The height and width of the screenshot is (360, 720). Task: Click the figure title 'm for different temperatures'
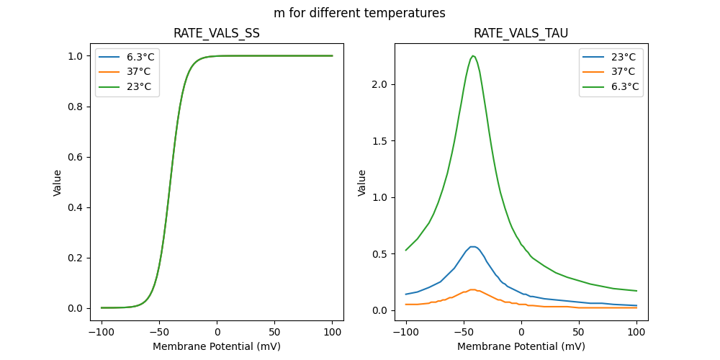(x=359, y=13)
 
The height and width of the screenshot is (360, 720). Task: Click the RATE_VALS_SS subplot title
(x=217, y=34)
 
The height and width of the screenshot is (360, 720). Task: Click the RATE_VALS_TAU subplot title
(x=521, y=34)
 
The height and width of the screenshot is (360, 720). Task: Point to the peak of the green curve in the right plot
(x=473, y=55)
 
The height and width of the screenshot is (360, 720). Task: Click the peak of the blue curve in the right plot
(x=472, y=246)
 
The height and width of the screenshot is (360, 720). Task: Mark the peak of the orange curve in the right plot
(x=472, y=289)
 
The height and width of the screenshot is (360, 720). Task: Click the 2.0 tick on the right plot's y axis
(x=379, y=84)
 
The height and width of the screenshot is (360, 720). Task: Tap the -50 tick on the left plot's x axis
(x=159, y=333)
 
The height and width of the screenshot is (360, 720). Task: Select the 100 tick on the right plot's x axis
(x=636, y=333)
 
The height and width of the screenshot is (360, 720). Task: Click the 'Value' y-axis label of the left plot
(x=57, y=182)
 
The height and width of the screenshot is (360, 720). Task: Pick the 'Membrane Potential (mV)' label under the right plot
(x=521, y=346)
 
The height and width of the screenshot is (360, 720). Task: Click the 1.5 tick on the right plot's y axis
(x=379, y=141)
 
